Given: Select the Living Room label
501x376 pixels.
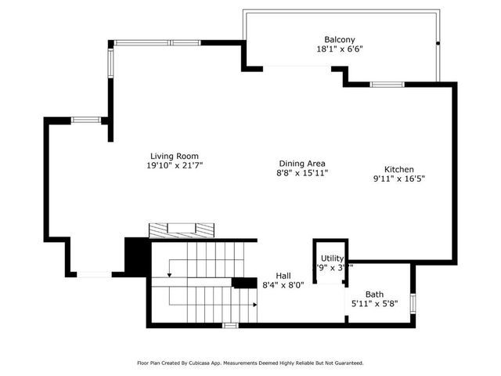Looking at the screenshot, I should click(x=174, y=156).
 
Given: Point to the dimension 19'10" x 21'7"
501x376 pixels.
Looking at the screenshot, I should click(x=174, y=165).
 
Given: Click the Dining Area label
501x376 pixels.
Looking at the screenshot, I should click(x=301, y=163).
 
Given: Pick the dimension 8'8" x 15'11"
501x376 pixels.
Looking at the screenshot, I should click(x=301, y=172).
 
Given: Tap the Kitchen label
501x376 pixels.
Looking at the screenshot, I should click(x=398, y=169).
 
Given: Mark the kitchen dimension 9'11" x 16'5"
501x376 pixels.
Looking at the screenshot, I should click(x=398, y=179).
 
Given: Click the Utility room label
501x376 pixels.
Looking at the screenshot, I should click(x=332, y=258).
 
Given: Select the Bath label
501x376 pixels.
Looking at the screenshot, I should click(x=374, y=294).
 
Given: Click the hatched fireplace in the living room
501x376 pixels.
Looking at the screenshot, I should click(x=182, y=230).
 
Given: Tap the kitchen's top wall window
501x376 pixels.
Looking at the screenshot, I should click(x=387, y=84).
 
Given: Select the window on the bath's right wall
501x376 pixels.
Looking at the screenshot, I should click(x=413, y=301).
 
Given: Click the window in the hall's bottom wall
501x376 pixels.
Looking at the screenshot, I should click(x=230, y=324).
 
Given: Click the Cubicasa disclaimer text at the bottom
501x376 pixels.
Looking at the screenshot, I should click(x=250, y=363).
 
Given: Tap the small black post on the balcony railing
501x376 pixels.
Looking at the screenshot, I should click(x=438, y=42).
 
